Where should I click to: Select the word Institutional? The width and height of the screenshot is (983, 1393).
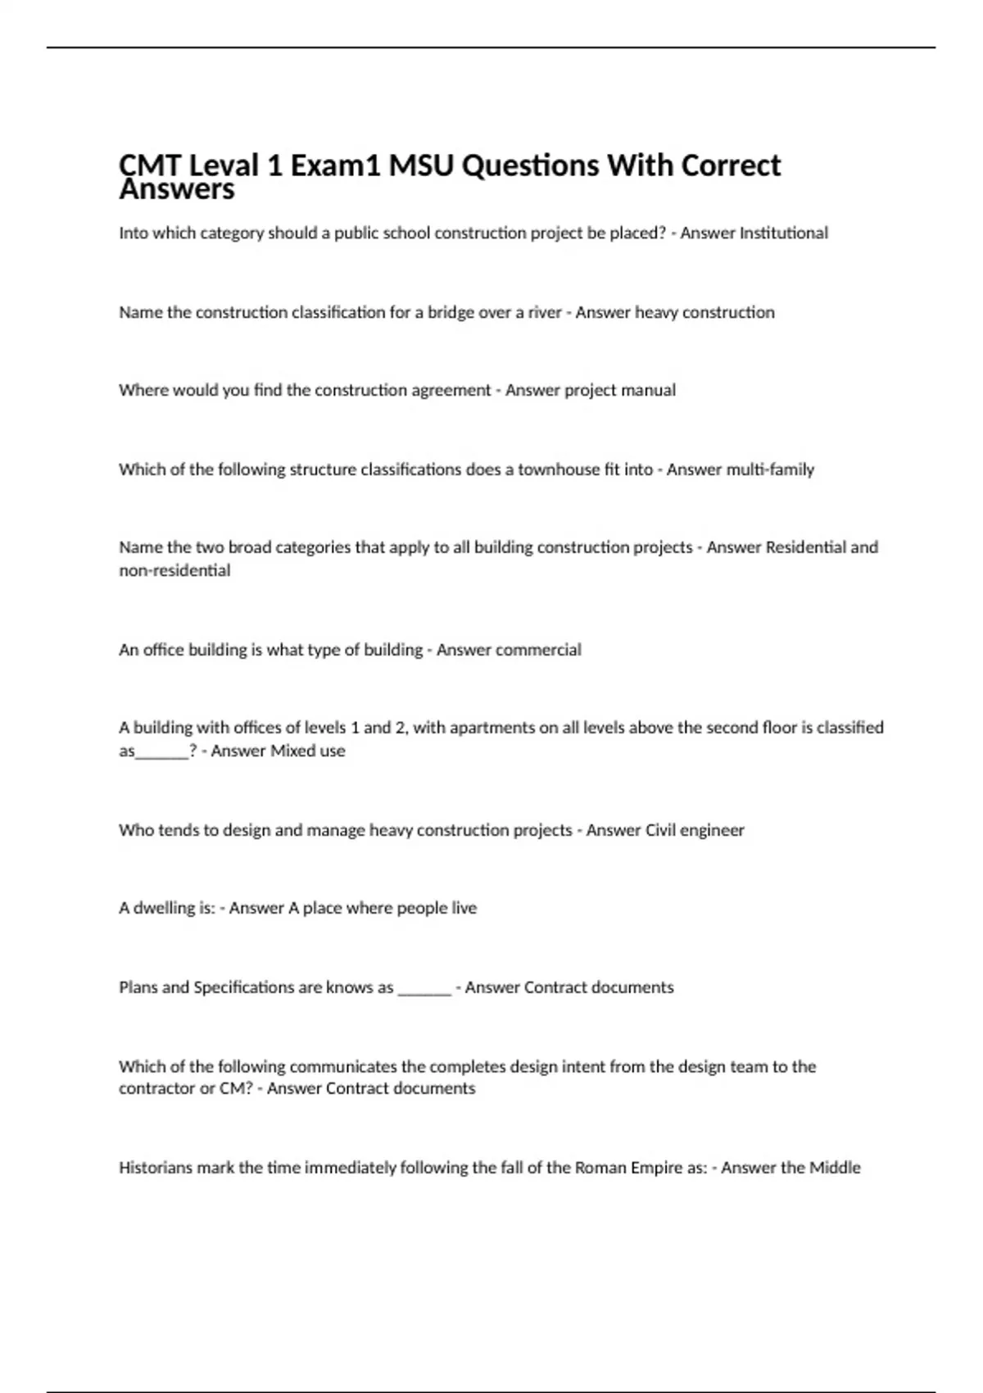(x=784, y=234)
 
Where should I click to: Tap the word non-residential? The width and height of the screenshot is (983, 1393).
(x=174, y=571)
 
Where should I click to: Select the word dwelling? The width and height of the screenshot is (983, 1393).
(x=163, y=908)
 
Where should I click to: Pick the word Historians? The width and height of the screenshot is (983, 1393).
(x=156, y=1168)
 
